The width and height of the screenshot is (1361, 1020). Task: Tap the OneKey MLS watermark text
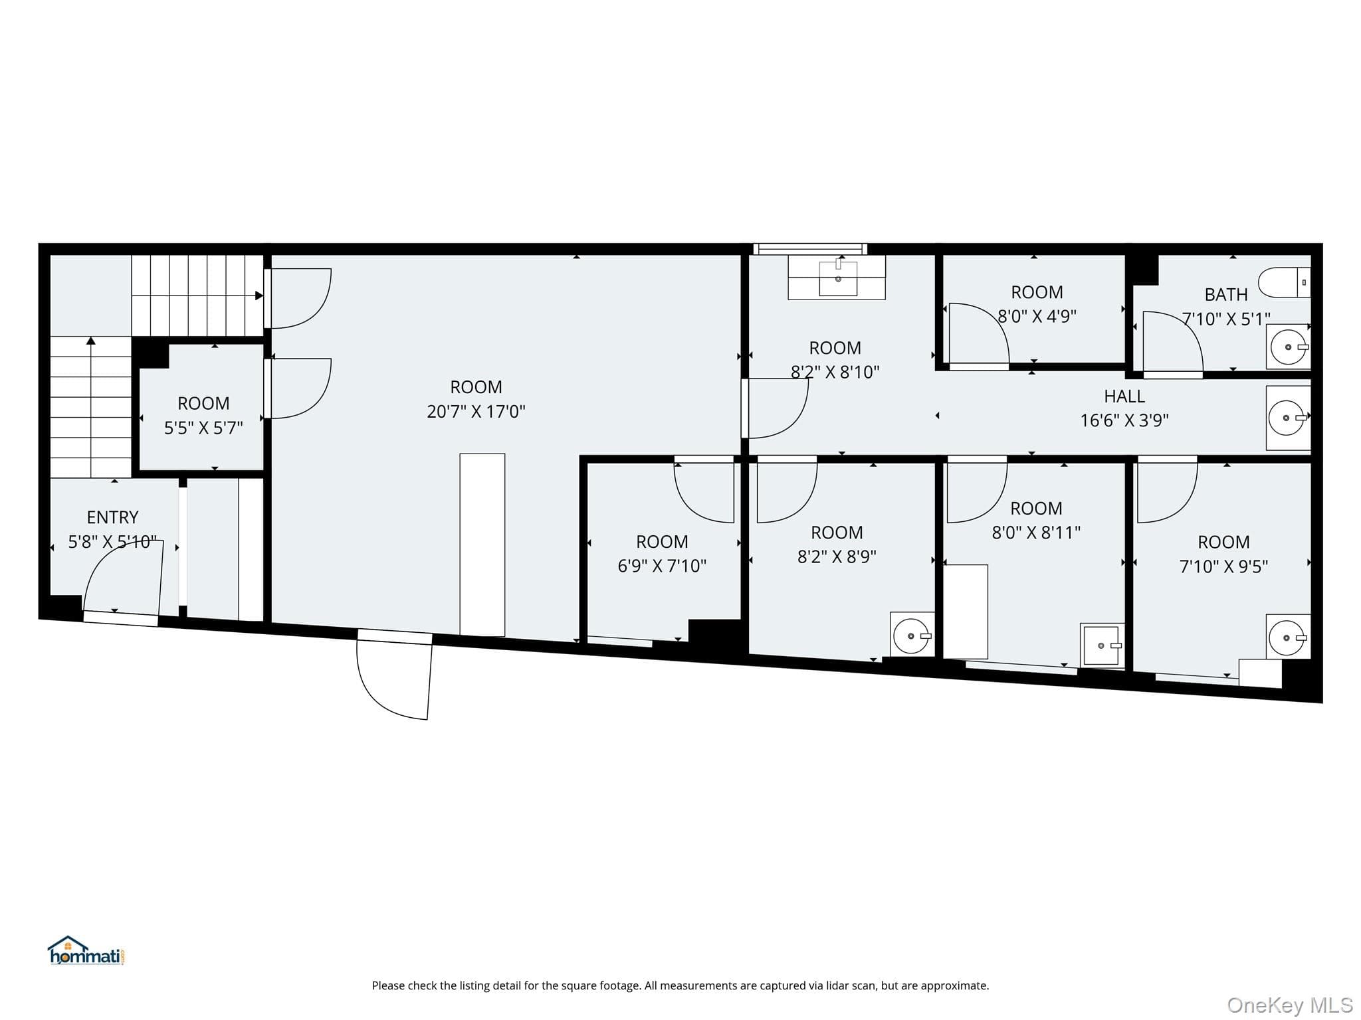(x=1290, y=1005)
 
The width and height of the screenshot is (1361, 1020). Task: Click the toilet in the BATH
(x=1285, y=282)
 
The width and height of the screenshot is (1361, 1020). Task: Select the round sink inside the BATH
(x=1289, y=347)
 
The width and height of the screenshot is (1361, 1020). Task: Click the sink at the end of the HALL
(x=1289, y=418)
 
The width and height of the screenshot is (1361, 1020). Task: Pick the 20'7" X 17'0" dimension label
(x=476, y=412)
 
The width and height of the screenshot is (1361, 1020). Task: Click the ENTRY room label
(x=113, y=517)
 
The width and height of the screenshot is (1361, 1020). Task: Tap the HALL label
(x=1124, y=396)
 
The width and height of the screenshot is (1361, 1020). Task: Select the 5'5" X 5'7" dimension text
(x=203, y=428)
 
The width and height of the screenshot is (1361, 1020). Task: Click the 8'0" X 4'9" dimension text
(x=1037, y=316)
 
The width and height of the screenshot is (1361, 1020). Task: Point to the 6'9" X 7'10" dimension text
(x=662, y=566)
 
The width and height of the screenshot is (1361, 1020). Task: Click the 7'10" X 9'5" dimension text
(x=1223, y=566)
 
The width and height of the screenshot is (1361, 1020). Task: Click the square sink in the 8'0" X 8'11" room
(x=1102, y=645)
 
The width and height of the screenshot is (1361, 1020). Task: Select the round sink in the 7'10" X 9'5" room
(x=1289, y=637)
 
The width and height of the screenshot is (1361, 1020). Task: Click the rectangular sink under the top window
(x=837, y=278)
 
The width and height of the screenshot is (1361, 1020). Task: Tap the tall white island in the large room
(x=482, y=545)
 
